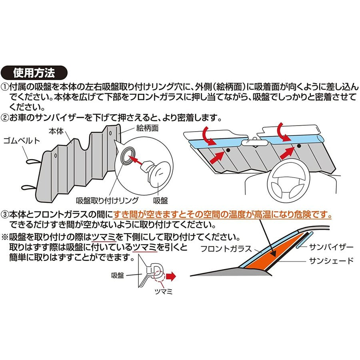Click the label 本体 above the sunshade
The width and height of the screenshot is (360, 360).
[x=56, y=131]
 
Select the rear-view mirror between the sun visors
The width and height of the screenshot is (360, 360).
[x=254, y=143]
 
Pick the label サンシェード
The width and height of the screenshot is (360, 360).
[x=331, y=261]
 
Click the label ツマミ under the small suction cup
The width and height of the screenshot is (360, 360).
[x=164, y=292]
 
